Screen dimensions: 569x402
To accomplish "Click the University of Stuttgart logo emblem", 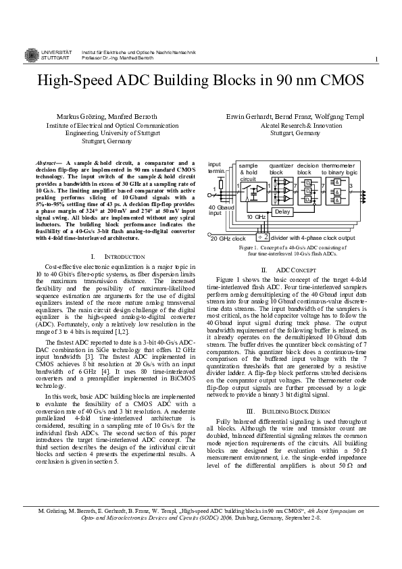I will (32, 55).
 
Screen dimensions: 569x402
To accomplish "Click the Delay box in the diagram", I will (281, 212).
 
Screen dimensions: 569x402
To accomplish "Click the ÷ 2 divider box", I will (263, 237).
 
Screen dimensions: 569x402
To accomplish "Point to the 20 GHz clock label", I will (228, 239).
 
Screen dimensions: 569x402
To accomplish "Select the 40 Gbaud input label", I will (220, 209).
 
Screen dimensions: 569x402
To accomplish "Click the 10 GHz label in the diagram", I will (255, 217).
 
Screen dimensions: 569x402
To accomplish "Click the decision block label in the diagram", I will (307, 169).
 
